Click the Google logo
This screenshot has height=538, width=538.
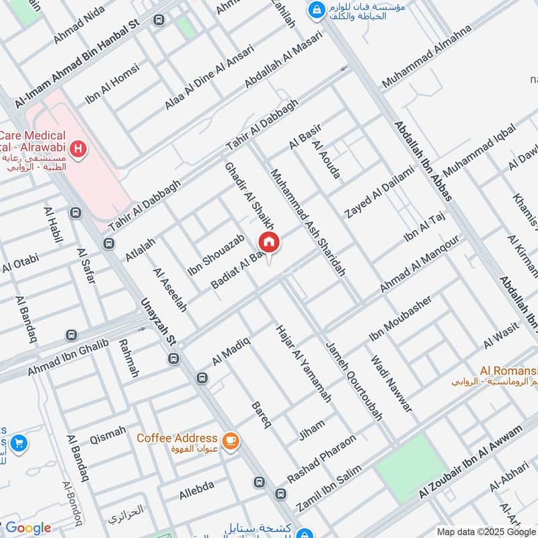point(28,528)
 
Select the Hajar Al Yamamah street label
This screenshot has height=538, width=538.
point(303,364)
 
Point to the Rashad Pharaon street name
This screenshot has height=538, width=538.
point(321,459)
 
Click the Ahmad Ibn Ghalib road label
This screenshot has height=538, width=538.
point(67,358)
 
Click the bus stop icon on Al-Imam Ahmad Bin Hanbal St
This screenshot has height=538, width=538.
point(159,21)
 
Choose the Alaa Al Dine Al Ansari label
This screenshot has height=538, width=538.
point(209,78)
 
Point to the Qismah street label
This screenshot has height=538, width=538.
point(108,431)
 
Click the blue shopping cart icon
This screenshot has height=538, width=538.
point(19,443)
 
